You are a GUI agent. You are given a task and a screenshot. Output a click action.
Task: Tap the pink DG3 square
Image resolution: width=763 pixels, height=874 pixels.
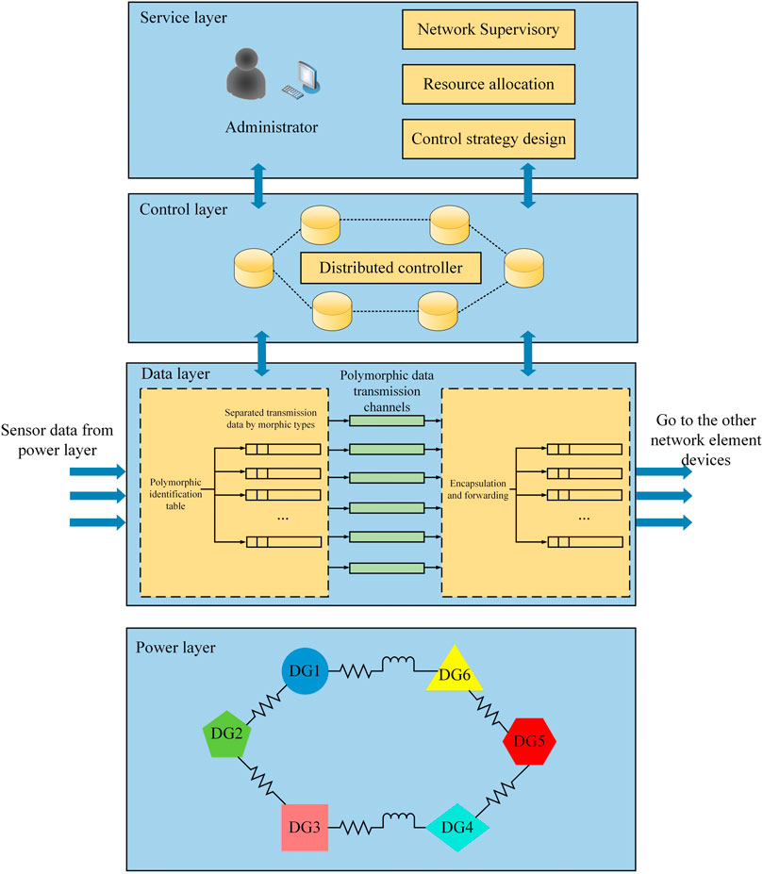305,827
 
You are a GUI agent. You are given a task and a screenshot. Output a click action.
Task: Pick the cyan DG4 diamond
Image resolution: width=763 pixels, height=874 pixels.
456,827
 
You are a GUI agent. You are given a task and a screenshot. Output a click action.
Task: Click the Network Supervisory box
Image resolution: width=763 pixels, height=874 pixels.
489,29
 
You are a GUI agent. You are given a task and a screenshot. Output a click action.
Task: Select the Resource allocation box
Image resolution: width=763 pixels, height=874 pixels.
489,84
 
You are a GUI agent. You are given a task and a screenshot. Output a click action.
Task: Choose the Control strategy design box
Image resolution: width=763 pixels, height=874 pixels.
489,139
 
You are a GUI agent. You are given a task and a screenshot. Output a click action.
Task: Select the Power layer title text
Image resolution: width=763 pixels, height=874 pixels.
175,648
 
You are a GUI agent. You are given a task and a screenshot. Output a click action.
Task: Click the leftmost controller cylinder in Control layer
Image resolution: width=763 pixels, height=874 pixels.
252,269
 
